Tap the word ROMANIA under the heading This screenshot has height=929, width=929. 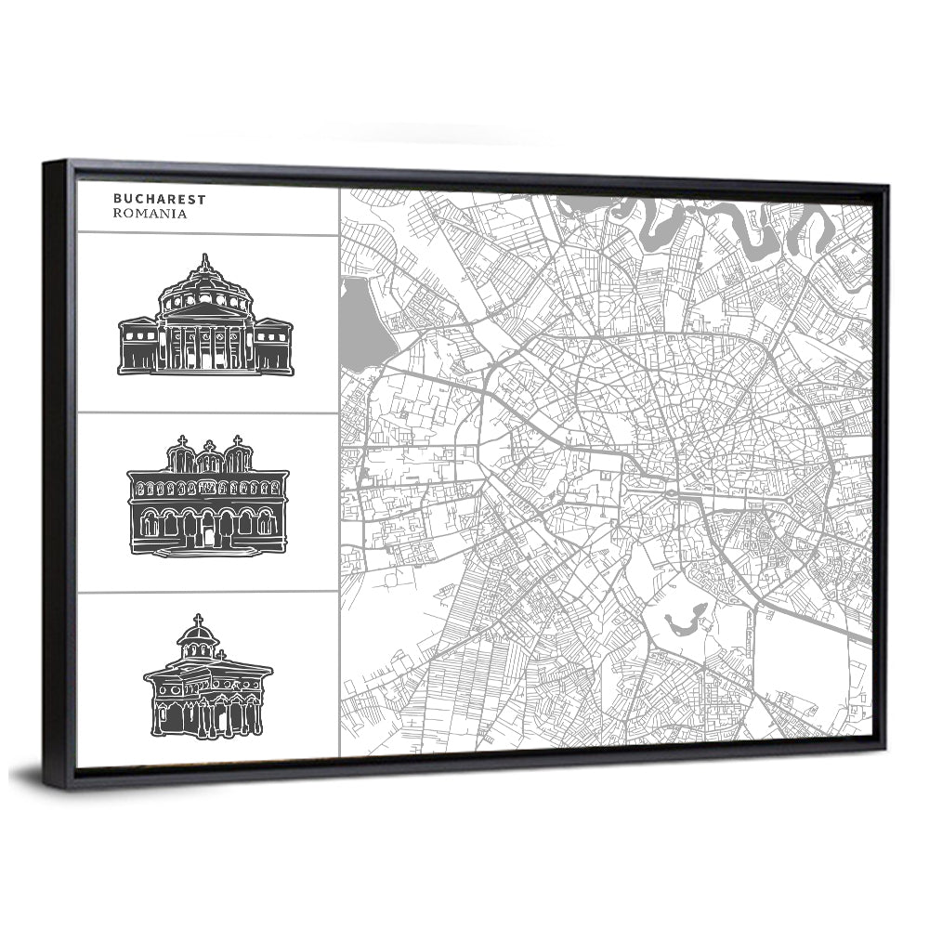(150, 213)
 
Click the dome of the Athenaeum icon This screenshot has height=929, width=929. (204, 283)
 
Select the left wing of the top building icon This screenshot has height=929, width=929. (137, 346)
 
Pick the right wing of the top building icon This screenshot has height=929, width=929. (273, 346)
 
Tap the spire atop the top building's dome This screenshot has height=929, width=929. (204, 260)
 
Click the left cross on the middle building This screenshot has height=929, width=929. (182, 440)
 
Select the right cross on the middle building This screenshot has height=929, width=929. (238, 440)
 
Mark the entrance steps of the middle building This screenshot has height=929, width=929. (207, 551)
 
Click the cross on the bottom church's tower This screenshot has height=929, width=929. (197, 619)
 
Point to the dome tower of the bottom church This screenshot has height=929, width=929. (197, 641)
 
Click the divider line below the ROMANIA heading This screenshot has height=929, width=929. (207, 234)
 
